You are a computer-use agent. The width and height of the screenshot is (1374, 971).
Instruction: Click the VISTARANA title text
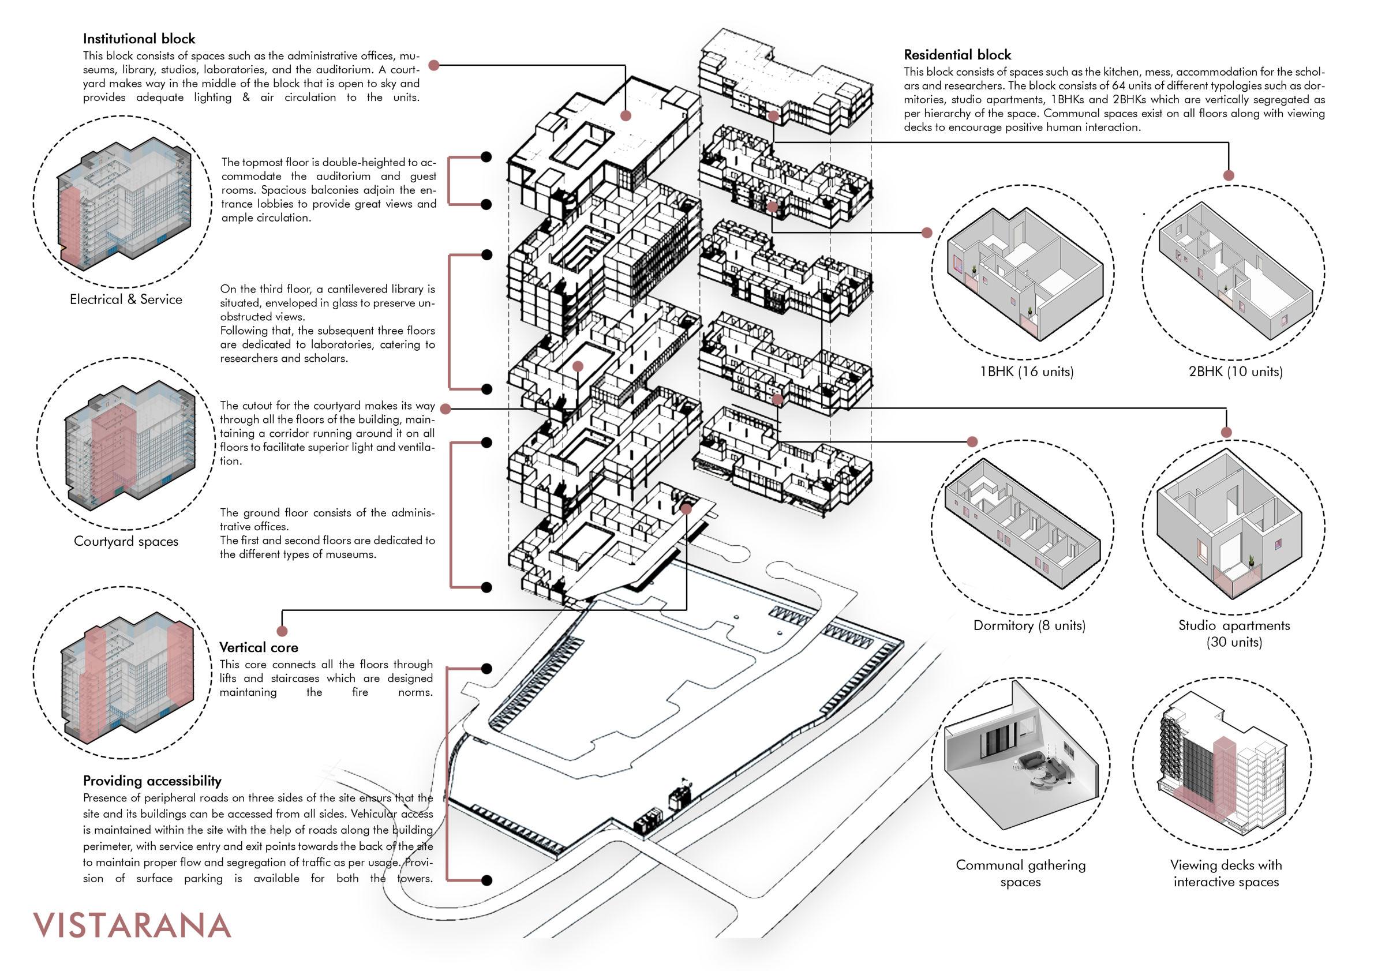coord(132,925)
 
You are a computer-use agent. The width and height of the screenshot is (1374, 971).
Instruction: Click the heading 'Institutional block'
coord(139,39)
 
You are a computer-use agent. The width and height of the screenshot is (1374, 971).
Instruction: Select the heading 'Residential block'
coord(957,55)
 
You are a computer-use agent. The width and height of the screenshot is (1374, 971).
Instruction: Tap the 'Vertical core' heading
coord(259,647)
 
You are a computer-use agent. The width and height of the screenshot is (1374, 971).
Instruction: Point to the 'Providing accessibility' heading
coord(152,781)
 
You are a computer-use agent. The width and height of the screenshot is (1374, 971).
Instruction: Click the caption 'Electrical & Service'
coord(126,299)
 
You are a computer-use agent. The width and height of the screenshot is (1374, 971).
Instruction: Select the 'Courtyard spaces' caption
coord(126,541)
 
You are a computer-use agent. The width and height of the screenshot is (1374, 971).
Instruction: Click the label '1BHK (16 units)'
coord(1026,372)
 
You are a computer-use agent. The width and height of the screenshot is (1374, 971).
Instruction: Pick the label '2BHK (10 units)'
coord(1235,372)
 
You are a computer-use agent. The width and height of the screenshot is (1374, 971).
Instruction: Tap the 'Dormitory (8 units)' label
coord(1029,626)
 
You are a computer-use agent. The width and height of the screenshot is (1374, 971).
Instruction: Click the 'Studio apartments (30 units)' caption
coord(1234,633)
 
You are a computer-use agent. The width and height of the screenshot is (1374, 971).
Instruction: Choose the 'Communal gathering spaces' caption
coord(1020,873)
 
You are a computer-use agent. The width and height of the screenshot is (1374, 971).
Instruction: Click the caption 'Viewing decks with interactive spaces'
coord(1226,873)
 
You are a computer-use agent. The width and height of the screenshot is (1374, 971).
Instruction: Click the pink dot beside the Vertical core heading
coord(282,631)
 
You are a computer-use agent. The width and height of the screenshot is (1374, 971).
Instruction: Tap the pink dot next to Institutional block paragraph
coord(434,66)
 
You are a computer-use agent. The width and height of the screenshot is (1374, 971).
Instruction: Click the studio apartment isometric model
coord(1229,527)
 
